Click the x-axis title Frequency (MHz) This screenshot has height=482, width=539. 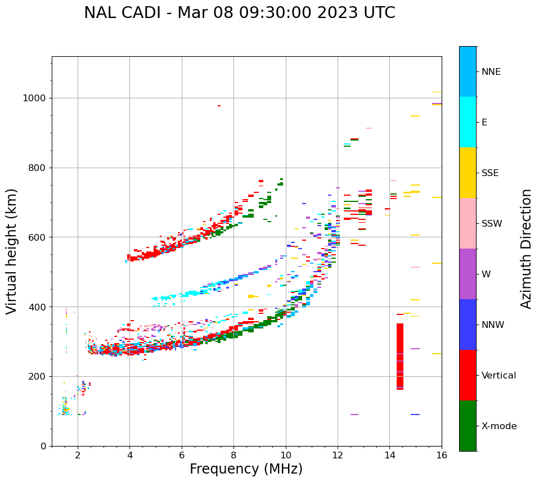[246, 469]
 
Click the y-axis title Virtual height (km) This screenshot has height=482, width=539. [12, 251]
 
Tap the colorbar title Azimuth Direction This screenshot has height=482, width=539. [526, 249]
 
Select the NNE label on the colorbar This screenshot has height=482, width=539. [491, 72]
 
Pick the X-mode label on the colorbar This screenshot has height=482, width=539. [498, 426]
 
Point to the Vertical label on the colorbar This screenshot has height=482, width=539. [498, 376]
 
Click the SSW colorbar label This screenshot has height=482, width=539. [492, 224]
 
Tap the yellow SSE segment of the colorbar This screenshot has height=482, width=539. [468, 173]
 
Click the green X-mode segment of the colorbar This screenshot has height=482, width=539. [468, 426]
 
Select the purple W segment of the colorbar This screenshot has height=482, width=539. [468, 274]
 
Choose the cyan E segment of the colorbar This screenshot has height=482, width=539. [468, 122]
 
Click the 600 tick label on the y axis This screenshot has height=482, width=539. [41, 237]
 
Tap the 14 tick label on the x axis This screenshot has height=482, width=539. [389, 455]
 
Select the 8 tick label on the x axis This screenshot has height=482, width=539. [233, 455]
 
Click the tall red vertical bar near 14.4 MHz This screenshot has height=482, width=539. [400, 356]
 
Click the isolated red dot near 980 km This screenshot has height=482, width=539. [219, 106]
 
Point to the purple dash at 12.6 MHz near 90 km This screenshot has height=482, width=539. [354, 415]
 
